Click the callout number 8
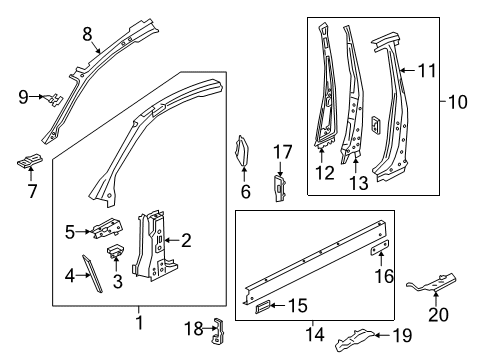87,34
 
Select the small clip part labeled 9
55,100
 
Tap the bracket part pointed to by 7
30,161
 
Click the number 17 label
283,152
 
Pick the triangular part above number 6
243,150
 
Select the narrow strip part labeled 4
92,273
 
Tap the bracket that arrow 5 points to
107,228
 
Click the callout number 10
457,102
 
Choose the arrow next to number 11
407,70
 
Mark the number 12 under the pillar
325,173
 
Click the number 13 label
359,183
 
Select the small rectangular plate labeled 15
263,307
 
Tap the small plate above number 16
380,247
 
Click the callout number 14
315,334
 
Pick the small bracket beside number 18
218,331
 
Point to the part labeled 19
355,340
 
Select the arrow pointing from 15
278,305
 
